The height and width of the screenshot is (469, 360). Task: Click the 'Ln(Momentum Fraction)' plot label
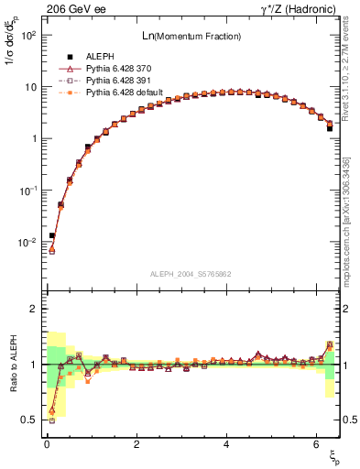(191, 36)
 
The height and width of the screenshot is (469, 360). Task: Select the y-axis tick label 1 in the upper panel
(32, 138)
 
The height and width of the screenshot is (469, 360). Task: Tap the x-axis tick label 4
(226, 444)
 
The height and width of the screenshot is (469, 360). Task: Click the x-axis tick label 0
(47, 444)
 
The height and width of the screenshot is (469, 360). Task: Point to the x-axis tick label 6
(316, 444)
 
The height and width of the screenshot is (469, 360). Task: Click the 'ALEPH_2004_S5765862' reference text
(191, 275)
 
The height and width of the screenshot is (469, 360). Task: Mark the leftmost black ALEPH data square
(52, 235)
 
